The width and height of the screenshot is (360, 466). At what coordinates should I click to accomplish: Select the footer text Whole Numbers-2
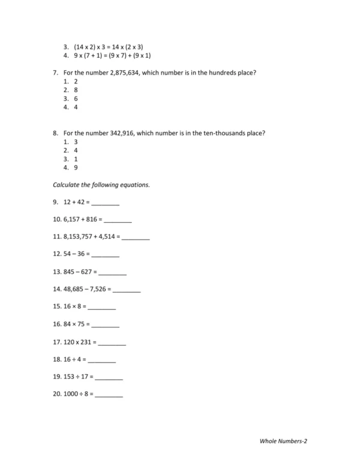(x=283, y=441)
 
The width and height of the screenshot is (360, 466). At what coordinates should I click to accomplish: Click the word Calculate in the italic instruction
(x=67, y=185)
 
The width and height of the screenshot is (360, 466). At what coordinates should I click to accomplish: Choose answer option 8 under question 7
(x=76, y=89)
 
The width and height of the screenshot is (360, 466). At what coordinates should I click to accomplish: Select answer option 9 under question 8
(x=76, y=168)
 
